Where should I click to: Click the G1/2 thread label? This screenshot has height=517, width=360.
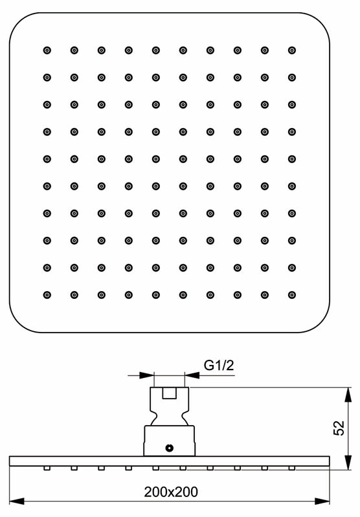pos(219,366)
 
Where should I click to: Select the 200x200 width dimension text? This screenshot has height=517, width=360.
pos(171,492)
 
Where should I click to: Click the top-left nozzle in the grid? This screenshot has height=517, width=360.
pos(47,50)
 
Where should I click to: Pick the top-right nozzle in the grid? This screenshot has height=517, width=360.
pos(292,50)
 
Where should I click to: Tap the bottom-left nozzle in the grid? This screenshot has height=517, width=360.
pos(47,295)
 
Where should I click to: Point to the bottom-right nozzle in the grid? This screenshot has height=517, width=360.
pos(292,295)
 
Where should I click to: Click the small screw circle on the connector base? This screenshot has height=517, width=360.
pos(169,447)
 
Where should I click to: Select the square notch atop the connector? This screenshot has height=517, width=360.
pos(169,393)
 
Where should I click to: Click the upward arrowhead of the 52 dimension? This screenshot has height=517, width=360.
pos(348,395)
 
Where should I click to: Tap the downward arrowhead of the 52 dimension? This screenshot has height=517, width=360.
pos(348,461)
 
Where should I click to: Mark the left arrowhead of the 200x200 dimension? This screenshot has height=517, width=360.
pos(17,501)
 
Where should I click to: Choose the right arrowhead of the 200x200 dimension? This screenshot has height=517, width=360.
pos(322,501)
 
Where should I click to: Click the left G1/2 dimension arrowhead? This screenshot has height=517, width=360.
pos(147,375)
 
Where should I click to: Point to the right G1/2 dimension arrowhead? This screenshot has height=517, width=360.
pos(192,375)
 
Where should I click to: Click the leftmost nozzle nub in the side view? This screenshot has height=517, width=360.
pos(47,468)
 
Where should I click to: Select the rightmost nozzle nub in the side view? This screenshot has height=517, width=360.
pos(292,468)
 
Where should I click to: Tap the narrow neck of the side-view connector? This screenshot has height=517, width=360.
pos(169,418)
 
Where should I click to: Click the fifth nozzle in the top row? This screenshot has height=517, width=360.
pos(156,50)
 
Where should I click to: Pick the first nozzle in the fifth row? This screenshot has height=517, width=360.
pos(47,159)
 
